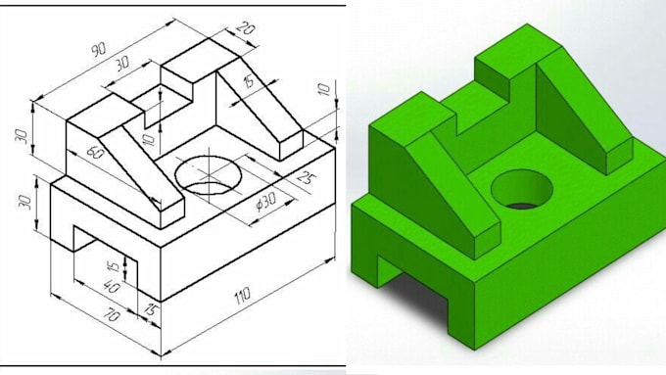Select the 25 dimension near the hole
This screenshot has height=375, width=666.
tap(306, 178)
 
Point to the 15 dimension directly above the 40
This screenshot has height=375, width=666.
tap(113, 267)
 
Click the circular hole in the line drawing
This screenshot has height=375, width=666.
tap(209, 175)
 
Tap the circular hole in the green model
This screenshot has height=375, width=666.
tap(521, 189)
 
